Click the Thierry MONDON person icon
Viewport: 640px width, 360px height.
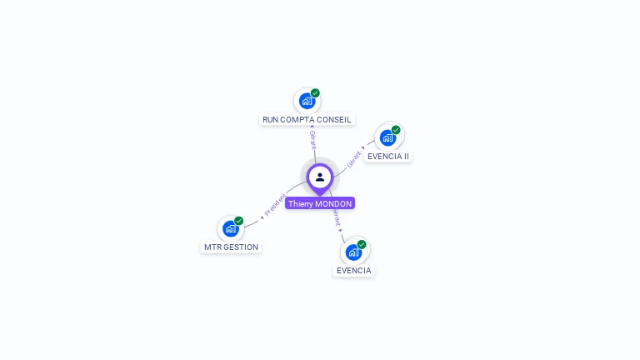(320, 177)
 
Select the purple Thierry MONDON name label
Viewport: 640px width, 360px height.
(320, 203)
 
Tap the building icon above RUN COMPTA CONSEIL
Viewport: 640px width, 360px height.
(307, 101)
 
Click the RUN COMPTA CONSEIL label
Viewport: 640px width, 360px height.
(307, 119)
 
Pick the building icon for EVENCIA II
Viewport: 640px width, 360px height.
(387, 137)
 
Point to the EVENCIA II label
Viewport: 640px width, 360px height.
(388, 156)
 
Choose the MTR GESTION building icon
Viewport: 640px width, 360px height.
(231, 228)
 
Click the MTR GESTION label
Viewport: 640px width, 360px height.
(231, 247)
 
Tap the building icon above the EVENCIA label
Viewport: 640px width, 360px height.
(353, 252)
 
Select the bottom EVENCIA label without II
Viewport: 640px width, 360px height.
(353, 270)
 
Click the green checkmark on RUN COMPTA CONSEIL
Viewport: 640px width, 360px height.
(315, 93)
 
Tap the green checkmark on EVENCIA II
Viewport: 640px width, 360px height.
(396, 130)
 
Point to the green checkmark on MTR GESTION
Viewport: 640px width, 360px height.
(239, 221)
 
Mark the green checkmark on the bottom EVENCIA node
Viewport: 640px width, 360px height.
(362, 244)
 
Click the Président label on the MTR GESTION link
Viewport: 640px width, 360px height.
(274, 205)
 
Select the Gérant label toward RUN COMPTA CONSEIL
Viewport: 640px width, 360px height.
(312, 139)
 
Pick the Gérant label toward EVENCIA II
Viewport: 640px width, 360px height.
(355, 157)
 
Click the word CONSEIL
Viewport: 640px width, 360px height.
(335, 119)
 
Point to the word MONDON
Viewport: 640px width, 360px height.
(334, 203)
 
